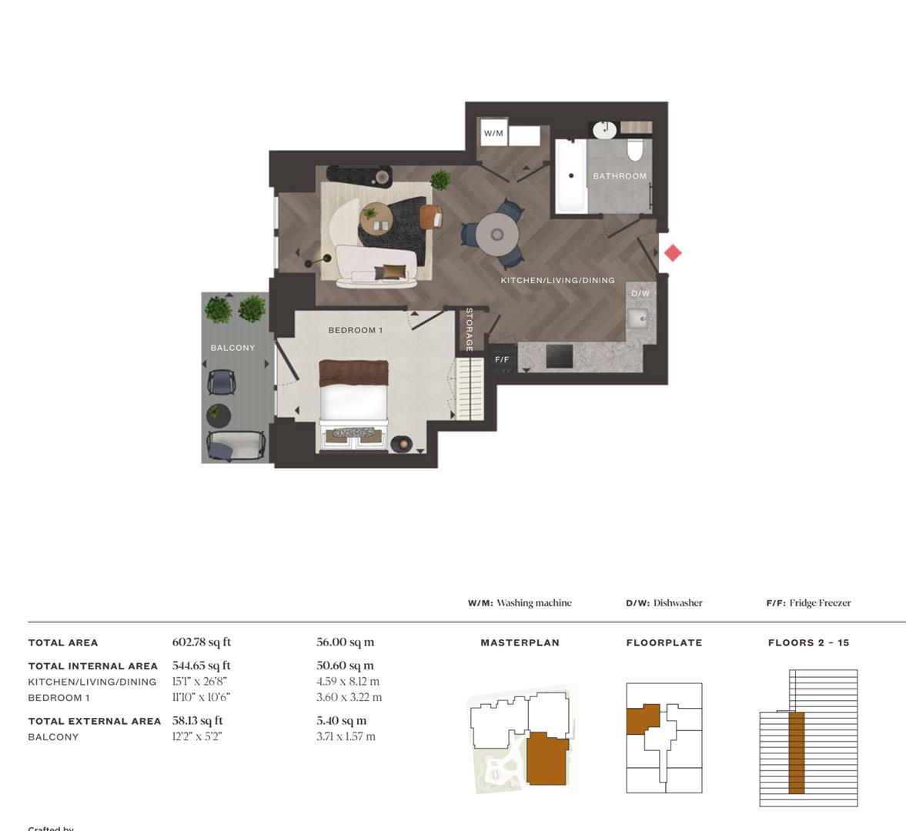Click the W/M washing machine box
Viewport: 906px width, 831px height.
pyautogui.click(x=493, y=133)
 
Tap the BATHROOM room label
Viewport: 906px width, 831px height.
pyautogui.click(x=620, y=176)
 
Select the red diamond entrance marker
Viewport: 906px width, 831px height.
pyautogui.click(x=673, y=253)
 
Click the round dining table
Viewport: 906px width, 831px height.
pyautogui.click(x=496, y=234)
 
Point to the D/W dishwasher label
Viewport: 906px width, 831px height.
pyautogui.click(x=640, y=293)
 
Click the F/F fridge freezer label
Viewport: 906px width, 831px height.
pyautogui.click(x=502, y=359)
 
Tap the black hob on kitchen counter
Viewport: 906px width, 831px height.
pyautogui.click(x=559, y=356)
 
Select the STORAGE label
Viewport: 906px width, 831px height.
pyautogui.click(x=469, y=329)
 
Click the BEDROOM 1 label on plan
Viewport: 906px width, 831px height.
pyautogui.click(x=356, y=330)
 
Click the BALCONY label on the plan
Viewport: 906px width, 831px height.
pyautogui.click(x=232, y=348)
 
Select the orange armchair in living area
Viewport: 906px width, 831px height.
pyautogui.click(x=430, y=217)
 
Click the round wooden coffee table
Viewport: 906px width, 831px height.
pyautogui.click(x=376, y=218)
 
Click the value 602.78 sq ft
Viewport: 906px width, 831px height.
pyautogui.click(x=202, y=642)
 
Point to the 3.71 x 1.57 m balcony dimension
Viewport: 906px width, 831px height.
pyautogui.click(x=346, y=736)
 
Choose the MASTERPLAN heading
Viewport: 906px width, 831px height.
pyautogui.click(x=520, y=642)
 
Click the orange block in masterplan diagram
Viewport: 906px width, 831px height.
pyautogui.click(x=547, y=758)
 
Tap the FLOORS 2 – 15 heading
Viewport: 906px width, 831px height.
pyautogui.click(x=808, y=642)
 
